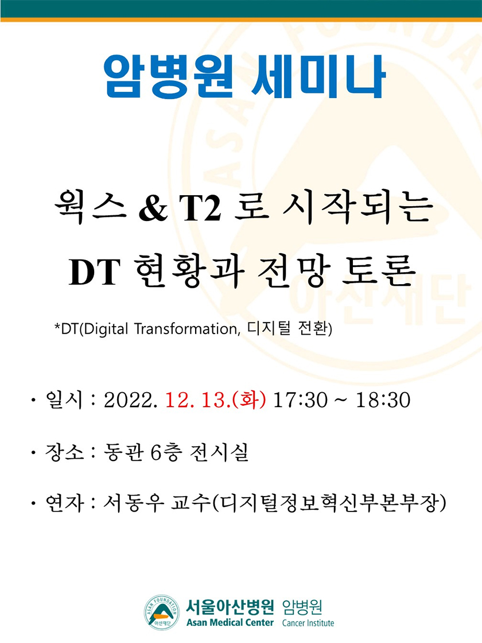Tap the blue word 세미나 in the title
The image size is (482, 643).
pos(318,77)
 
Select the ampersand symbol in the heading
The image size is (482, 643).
pos(153,209)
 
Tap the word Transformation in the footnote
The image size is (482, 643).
pos(187,329)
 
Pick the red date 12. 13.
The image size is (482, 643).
pos(198,400)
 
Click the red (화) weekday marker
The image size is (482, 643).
pos(249,400)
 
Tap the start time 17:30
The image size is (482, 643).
pos(301,400)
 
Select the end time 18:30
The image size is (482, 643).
pos(383,400)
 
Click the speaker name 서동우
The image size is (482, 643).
pos(133,503)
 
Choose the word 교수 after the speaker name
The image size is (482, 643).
pos(191,503)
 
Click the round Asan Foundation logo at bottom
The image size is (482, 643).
pos(162,612)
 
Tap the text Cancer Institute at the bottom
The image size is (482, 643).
pos(308,623)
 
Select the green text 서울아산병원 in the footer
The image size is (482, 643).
pos(230,606)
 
